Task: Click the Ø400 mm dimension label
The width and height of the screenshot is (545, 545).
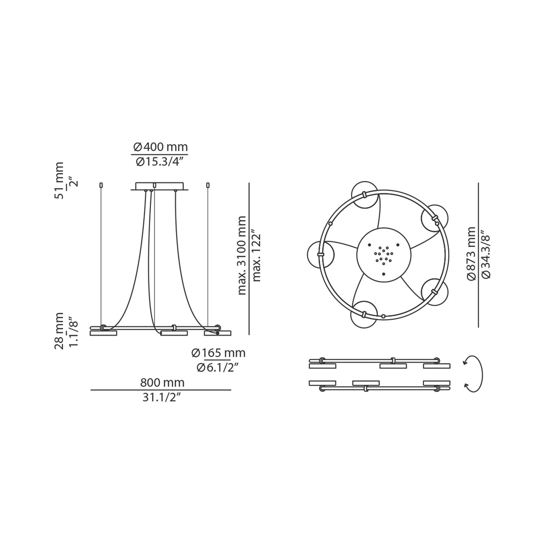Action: (x=160, y=147)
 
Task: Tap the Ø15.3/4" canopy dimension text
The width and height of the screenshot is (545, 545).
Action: (x=160, y=162)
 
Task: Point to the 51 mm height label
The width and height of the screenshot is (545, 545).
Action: (x=59, y=180)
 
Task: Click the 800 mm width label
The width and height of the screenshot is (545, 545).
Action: (x=162, y=382)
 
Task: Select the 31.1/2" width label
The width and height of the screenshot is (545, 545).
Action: (x=162, y=398)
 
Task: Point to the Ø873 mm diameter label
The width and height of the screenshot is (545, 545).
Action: (x=471, y=253)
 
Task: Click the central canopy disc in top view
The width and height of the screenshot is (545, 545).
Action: (x=383, y=255)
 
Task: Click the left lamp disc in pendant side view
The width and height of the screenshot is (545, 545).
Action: (x=103, y=333)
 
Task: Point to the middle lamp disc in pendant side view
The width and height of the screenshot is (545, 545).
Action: (x=174, y=333)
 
